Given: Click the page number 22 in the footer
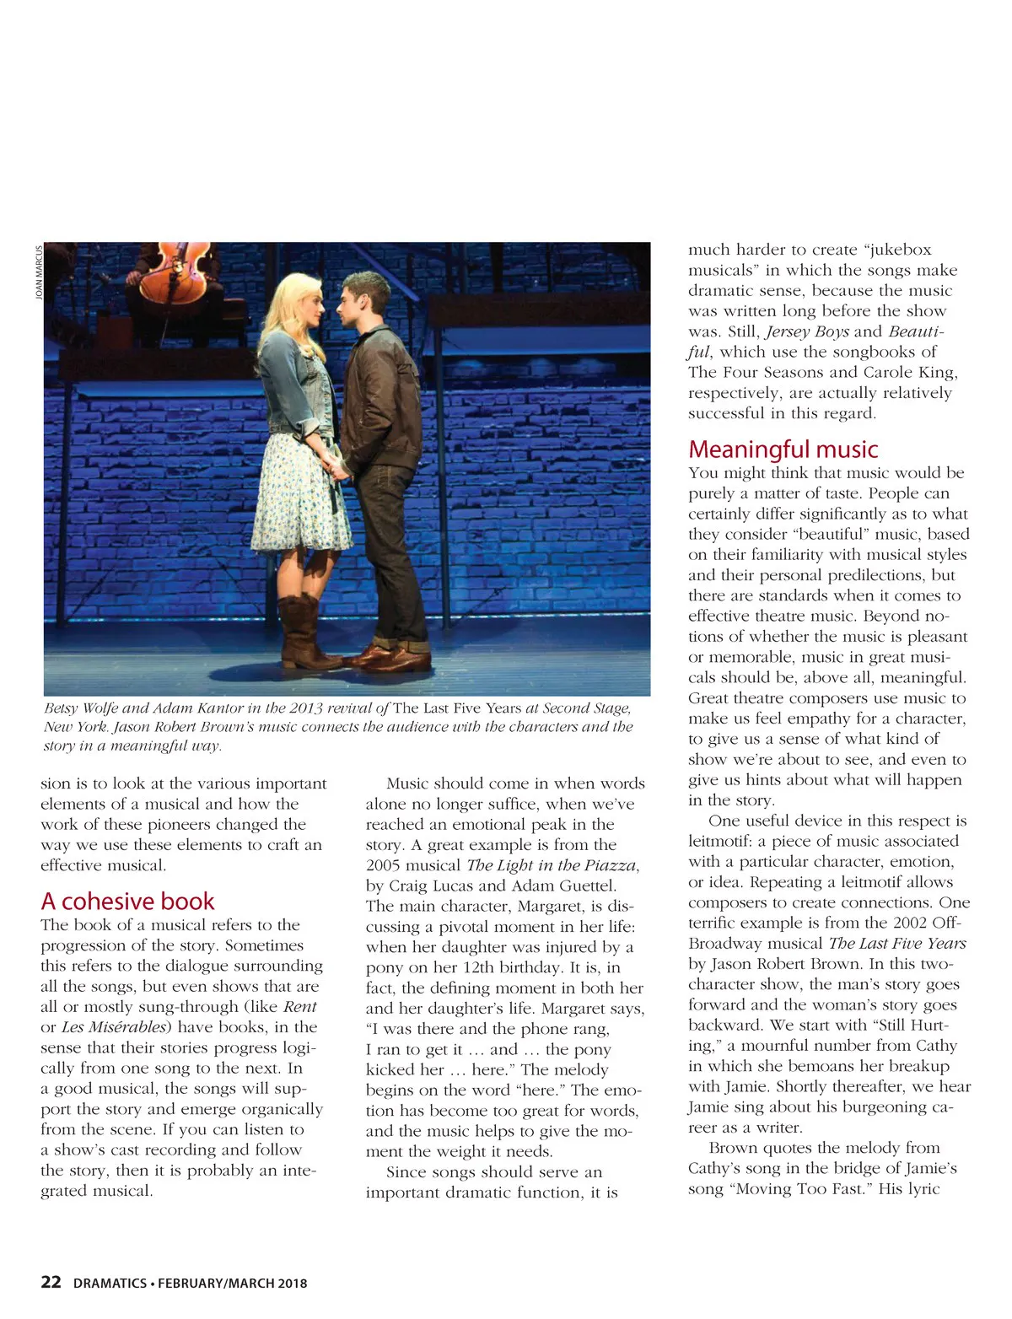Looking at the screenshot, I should pyautogui.click(x=51, y=1282).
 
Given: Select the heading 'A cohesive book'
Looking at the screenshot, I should pyautogui.click(x=127, y=901).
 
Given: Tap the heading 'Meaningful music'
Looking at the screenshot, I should pyautogui.click(x=783, y=449).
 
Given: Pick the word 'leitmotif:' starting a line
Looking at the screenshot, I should pyautogui.click(x=722, y=841).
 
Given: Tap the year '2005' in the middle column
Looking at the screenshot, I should pyautogui.click(x=384, y=865).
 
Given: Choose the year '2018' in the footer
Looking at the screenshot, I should pyautogui.click(x=291, y=1284).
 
